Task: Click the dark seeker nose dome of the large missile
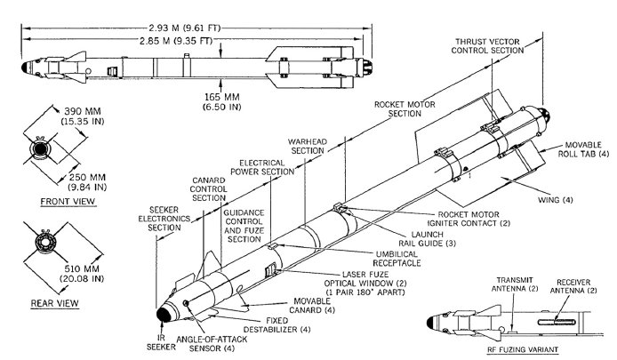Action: point(164,314)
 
